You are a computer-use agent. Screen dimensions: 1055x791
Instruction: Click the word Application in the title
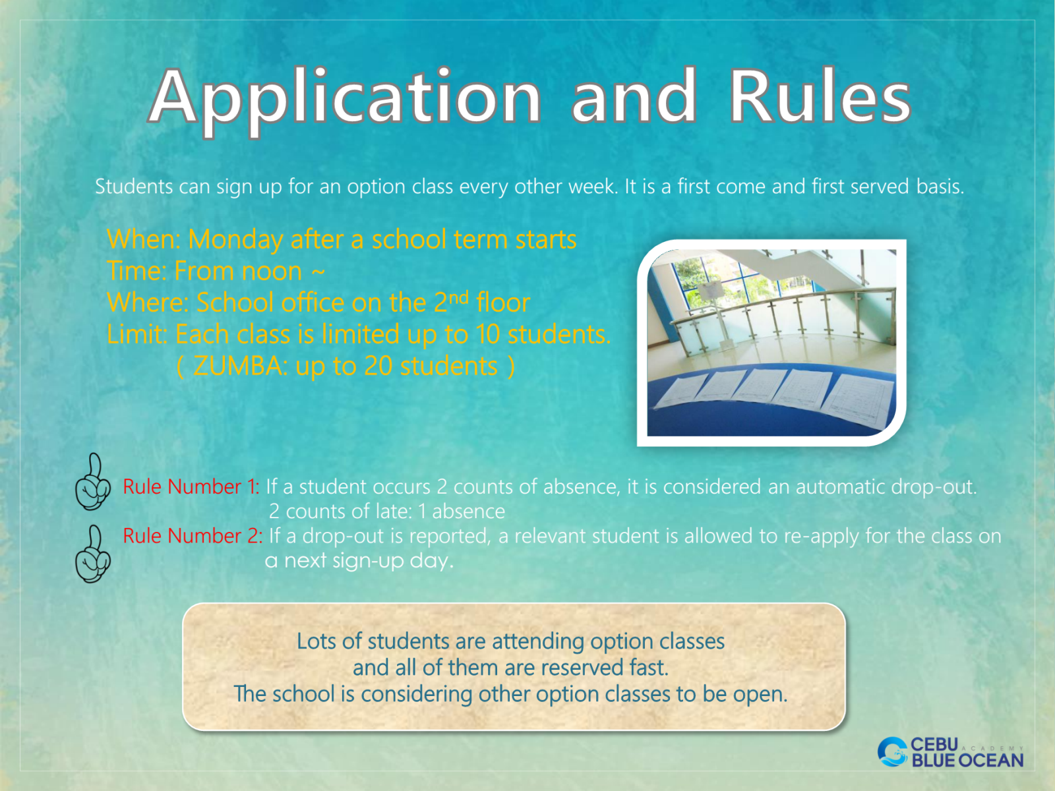[345, 98]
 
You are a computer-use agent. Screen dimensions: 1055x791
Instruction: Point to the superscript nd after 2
[458, 298]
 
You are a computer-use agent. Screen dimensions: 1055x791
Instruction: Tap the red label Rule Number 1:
[191, 487]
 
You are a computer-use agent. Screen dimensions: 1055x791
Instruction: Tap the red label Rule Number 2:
[193, 536]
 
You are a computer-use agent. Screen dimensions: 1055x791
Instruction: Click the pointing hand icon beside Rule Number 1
[93, 482]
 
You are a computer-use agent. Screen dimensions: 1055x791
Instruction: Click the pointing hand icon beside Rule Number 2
[93, 554]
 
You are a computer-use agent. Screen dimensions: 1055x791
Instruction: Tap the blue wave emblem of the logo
[893, 751]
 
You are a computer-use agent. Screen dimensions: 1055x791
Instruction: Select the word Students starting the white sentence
[134, 187]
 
